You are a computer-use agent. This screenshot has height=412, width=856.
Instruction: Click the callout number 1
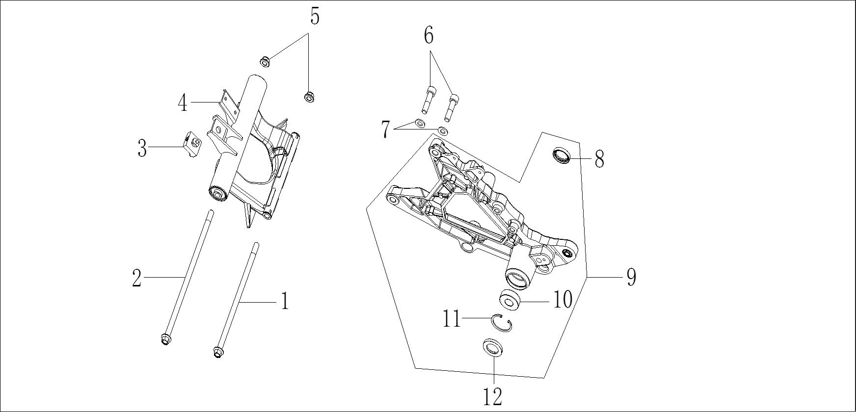[284, 301]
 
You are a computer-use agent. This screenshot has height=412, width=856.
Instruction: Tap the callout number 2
[137, 279]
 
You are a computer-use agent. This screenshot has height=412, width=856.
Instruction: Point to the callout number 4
[183, 103]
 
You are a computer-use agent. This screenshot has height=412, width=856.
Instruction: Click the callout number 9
[631, 277]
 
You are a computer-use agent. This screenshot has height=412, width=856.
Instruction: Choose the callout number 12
[493, 396]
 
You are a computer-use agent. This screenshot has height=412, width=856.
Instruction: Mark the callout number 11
[451, 319]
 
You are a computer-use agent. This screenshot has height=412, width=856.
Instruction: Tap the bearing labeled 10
[510, 299]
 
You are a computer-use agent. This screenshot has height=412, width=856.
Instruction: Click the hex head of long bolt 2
[165, 339]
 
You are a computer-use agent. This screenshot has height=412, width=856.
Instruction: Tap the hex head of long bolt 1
[218, 352]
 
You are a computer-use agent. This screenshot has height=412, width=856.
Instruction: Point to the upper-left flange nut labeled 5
[265, 62]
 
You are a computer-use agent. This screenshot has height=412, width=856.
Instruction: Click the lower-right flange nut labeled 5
[309, 97]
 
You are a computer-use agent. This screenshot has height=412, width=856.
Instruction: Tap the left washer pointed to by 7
[420, 122]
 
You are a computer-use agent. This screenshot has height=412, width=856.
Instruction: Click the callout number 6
[428, 35]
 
